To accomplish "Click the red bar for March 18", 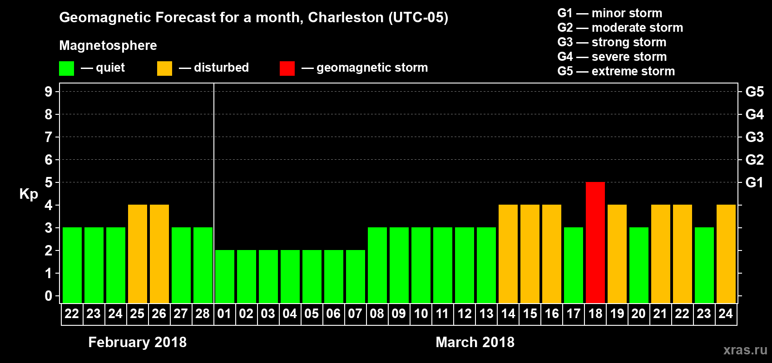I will point(595,242).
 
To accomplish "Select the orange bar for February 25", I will point(138,254).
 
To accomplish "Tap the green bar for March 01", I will point(224,276).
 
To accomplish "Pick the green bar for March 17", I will point(573,265).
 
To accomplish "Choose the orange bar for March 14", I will point(508,254).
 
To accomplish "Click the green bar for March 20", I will point(638,265).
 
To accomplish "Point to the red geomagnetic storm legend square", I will point(287,69).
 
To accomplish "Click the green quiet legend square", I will point(67,69).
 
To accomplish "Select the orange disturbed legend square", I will point(164,69).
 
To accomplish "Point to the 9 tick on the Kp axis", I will point(49,92).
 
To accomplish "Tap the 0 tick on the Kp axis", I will point(49,296).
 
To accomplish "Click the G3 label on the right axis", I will point(754,137).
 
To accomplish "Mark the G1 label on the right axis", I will point(754,182).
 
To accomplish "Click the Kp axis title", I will point(29,194).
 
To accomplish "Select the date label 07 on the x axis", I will point(355,314).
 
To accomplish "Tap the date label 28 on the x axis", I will point(203,314).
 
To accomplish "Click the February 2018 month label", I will point(137,342).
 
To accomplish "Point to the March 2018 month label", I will point(475,342).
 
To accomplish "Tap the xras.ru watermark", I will point(745,350).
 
